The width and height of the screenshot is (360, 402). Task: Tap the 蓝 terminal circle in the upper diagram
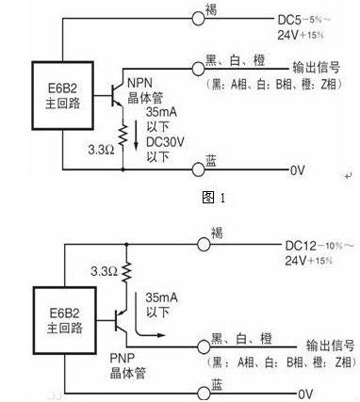click(x=198, y=169)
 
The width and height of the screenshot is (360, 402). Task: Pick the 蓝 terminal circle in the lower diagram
click(x=198, y=392)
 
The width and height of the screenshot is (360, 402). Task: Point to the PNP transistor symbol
click(x=118, y=320)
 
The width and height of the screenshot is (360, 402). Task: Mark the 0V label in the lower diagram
click(x=304, y=394)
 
